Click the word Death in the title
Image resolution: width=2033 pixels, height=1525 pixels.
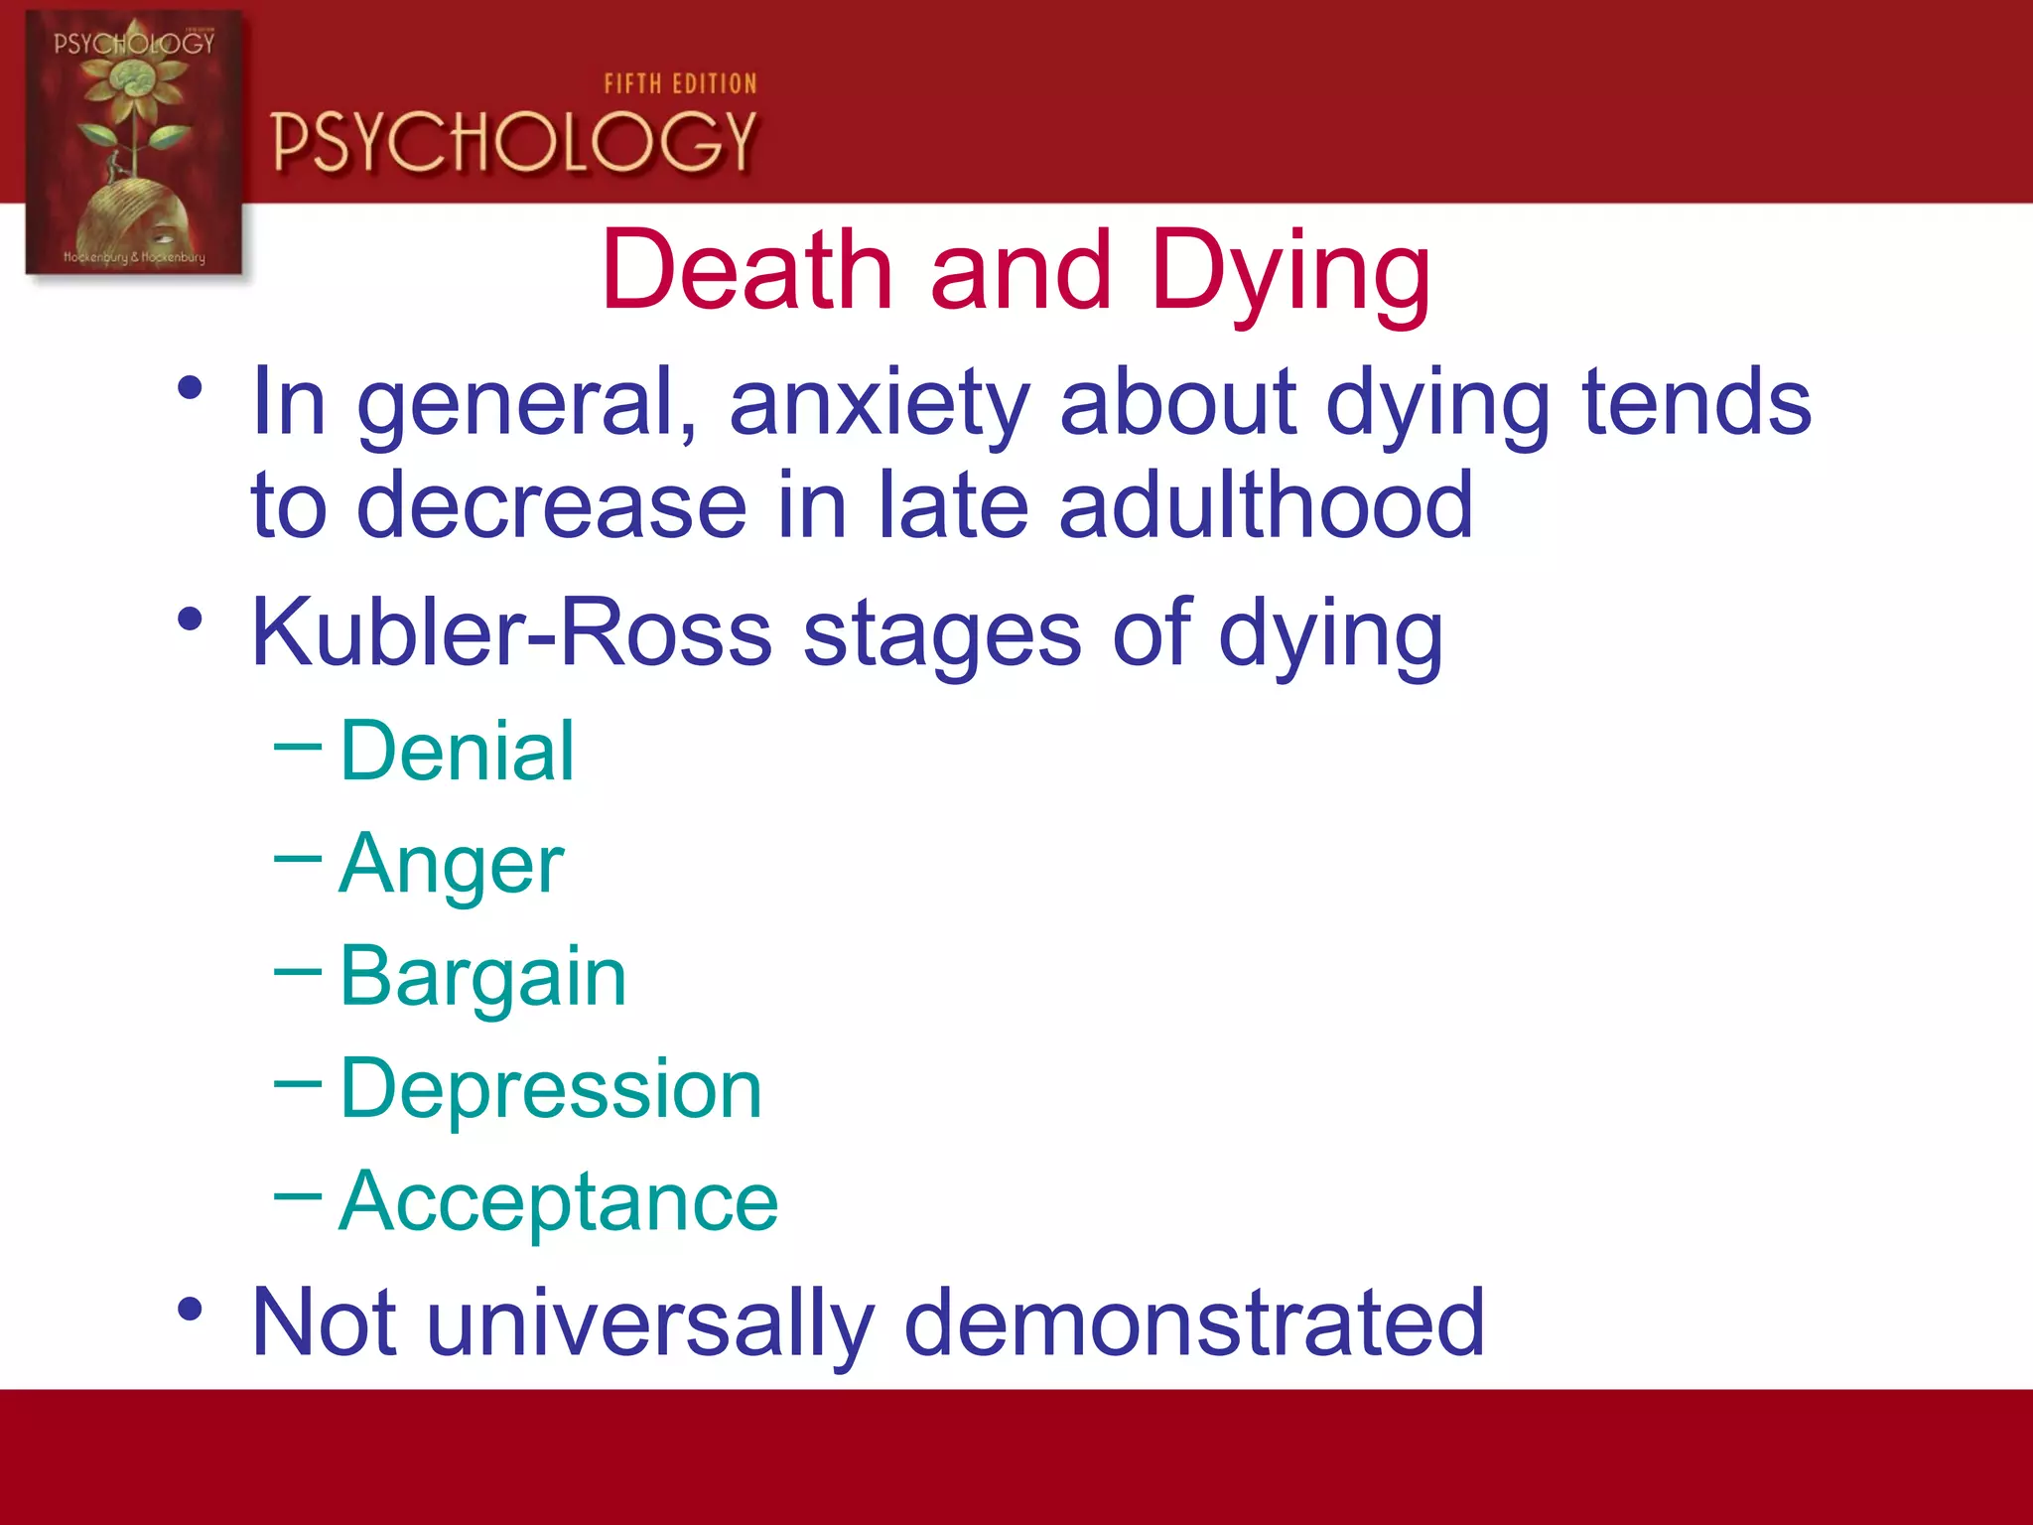[x=746, y=270]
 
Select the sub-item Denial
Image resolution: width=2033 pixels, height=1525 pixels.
[x=457, y=752]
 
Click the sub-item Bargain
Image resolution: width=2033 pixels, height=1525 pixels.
[x=482, y=977]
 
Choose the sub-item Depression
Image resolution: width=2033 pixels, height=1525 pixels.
[x=551, y=1089]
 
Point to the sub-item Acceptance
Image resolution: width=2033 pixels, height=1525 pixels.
[x=558, y=1201]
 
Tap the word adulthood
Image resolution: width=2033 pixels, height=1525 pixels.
[x=1266, y=505]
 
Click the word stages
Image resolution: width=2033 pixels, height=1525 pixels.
[x=941, y=632]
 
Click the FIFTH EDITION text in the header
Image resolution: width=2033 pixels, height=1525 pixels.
[x=680, y=84]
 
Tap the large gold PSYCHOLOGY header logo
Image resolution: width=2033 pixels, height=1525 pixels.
[x=513, y=141]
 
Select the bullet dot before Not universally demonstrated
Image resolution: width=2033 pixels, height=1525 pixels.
[x=190, y=1309]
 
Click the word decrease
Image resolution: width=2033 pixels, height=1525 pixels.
[x=551, y=505]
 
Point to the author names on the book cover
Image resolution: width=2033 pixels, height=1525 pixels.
[x=134, y=257]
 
